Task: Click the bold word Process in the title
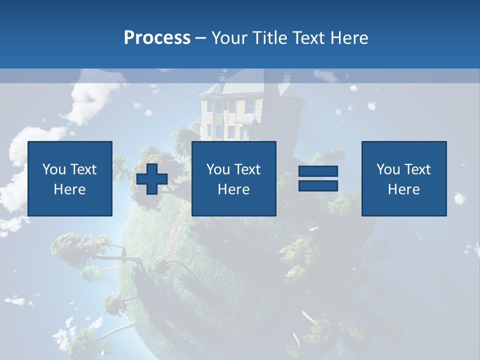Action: point(157,38)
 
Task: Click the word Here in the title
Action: point(348,38)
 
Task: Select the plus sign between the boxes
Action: point(152,179)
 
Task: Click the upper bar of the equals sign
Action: point(318,171)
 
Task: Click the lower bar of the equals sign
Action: point(318,186)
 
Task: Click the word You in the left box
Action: point(53,169)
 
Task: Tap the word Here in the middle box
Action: point(233,189)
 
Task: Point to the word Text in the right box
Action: point(417,169)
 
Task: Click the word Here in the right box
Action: point(403,189)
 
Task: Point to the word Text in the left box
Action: point(83,169)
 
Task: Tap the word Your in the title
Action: point(227,38)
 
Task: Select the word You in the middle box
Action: point(217,169)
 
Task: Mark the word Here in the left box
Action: point(70,189)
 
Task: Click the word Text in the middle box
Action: point(247,169)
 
